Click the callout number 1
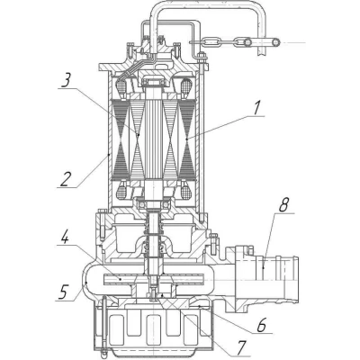pyautogui.click(x=256, y=107)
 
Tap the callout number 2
pyautogui.click(x=66, y=178)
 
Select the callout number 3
pyautogui.click(x=66, y=80)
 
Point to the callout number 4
pyautogui.click(x=64, y=237)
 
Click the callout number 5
pyautogui.click(x=63, y=292)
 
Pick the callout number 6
pyautogui.click(x=262, y=325)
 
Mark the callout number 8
pyautogui.click(x=283, y=205)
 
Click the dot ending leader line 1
pyautogui.click(x=187, y=139)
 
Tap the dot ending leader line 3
pyautogui.click(x=138, y=135)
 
